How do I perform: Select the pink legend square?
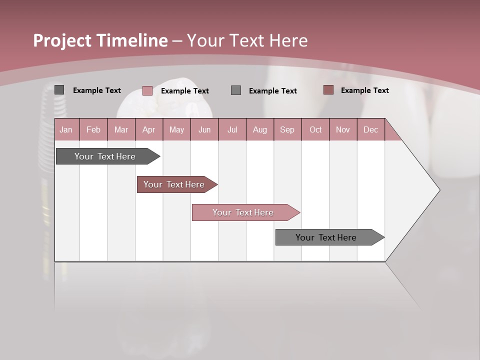(x=147, y=90)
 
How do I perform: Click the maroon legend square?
(x=328, y=90)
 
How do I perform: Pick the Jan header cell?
(x=66, y=129)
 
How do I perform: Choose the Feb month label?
(x=93, y=129)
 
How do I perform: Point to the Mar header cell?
(x=121, y=129)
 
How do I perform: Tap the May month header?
(x=176, y=129)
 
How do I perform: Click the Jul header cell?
(x=232, y=129)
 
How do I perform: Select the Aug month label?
(x=259, y=129)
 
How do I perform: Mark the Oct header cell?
(x=315, y=129)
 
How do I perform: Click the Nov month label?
(x=343, y=129)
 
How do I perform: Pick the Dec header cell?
(x=370, y=129)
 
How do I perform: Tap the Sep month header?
(x=287, y=129)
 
